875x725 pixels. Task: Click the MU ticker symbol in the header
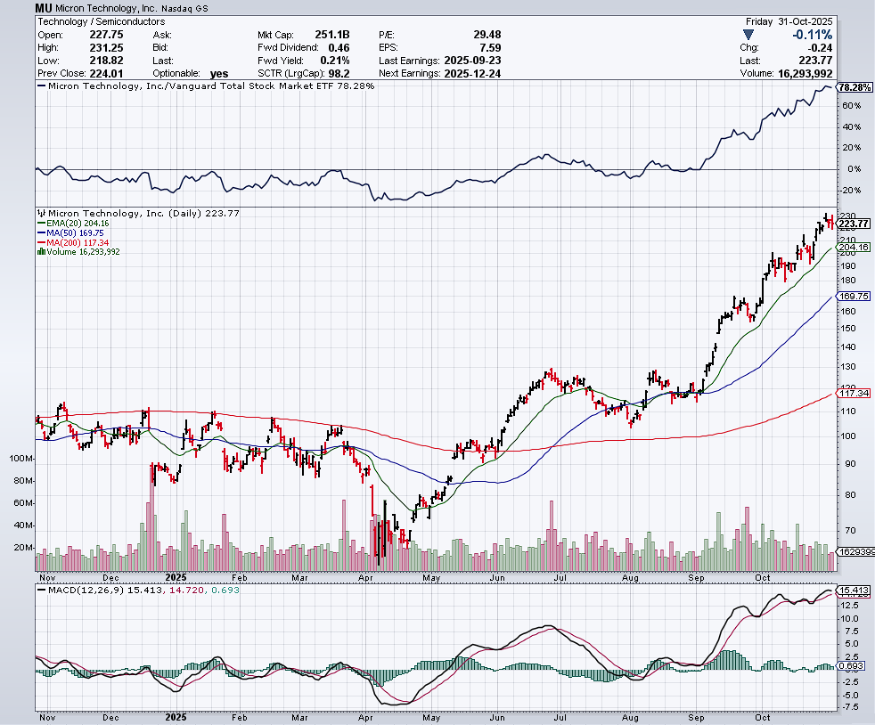point(44,7)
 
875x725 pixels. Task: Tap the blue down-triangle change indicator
point(748,35)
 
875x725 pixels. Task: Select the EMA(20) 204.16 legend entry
point(75,224)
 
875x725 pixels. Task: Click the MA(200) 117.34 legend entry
point(75,242)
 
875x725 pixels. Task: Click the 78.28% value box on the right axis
point(855,87)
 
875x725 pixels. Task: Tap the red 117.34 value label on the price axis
point(854,393)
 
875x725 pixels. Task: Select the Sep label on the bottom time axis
point(695,716)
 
